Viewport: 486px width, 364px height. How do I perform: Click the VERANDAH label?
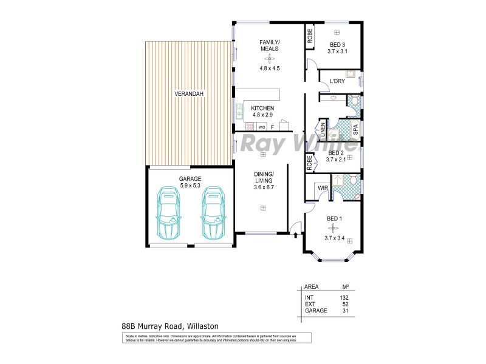pyautogui.click(x=189, y=93)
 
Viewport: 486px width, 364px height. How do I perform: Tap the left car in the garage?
pyautogui.click(x=169, y=214)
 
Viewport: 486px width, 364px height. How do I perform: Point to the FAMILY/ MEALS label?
pyautogui.click(x=269, y=45)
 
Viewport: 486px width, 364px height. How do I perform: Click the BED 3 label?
pyautogui.click(x=337, y=45)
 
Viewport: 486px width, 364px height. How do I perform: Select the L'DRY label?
pyautogui.click(x=337, y=81)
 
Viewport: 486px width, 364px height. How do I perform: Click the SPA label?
pyautogui.click(x=356, y=129)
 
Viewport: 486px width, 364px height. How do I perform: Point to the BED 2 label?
pyautogui.click(x=337, y=153)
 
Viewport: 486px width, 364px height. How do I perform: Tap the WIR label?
pyautogui.click(x=323, y=189)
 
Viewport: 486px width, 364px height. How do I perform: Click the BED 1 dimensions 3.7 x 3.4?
pyautogui.click(x=335, y=238)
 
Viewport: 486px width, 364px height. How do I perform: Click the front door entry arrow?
pyautogui.click(x=295, y=229)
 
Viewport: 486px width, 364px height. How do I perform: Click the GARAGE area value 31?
pyautogui.click(x=346, y=311)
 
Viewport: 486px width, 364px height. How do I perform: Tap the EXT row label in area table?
pyautogui.click(x=310, y=304)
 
